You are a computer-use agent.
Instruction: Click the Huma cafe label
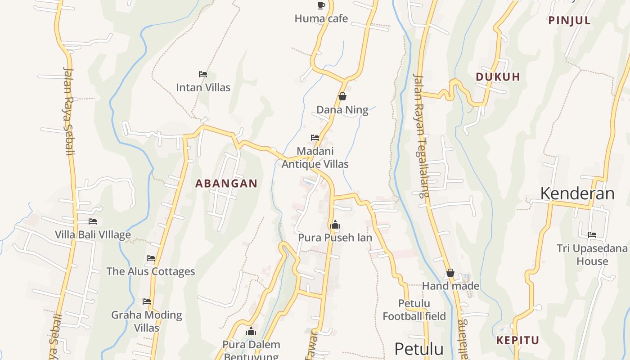tap(321, 18)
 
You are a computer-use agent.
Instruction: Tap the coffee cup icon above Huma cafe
tap(321, 5)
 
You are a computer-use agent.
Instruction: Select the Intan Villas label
tap(203, 87)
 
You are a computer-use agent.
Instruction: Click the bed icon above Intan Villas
tap(203, 74)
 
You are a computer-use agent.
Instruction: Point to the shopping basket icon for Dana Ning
tap(342, 96)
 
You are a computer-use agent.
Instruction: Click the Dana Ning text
tap(342, 110)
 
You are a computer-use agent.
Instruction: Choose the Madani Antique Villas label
tap(315, 157)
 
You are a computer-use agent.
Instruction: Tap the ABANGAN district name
tap(226, 184)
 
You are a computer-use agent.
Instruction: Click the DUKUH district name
tap(498, 77)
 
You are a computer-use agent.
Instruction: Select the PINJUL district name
tap(569, 21)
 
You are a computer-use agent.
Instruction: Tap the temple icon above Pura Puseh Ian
tap(335, 225)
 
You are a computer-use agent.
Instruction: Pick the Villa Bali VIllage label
tap(93, 234)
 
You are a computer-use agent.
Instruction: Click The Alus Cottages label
tap(151, 271)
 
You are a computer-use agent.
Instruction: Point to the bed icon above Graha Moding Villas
tap(147, 301)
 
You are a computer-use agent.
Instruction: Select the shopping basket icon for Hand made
tap(450, 273)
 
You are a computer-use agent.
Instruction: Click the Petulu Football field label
tap(414, 310)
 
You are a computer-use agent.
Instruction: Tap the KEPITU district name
tap(517, 341)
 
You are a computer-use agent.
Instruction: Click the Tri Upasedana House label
tap(592, 255)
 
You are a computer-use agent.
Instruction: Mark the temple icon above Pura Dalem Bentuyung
tap(251, 332)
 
